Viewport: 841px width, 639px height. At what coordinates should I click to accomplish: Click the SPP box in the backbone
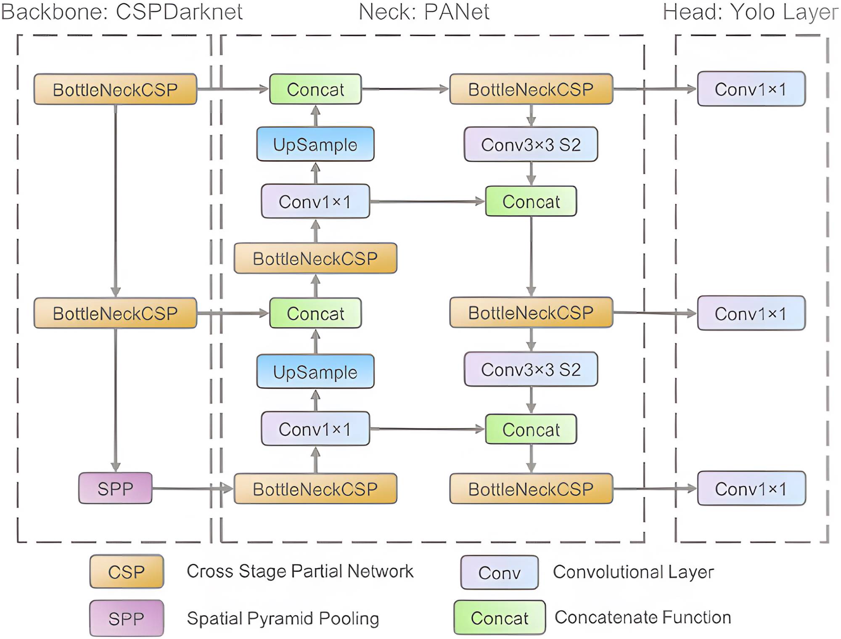coord(115,488)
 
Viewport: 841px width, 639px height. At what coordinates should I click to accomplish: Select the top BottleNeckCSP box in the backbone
coord(115,89)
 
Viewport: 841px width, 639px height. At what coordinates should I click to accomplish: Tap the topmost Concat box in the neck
coord(315,89)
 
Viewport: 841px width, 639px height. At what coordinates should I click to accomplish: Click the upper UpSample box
coord(315,144)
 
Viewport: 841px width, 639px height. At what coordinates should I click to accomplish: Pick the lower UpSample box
coord(315,372)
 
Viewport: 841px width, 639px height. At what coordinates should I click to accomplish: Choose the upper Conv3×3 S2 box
coord(531,144)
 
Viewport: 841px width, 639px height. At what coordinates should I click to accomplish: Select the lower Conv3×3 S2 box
coord(531,369)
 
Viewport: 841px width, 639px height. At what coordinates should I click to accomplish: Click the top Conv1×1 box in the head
coord(751,89)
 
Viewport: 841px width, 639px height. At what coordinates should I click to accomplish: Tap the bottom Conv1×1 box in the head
coord(751,488)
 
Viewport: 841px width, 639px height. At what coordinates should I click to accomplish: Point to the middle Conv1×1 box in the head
coord(751,313)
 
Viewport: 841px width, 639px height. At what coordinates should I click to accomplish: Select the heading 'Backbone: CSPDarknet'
coord(122,12)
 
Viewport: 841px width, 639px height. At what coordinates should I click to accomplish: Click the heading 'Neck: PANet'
coord(424,12)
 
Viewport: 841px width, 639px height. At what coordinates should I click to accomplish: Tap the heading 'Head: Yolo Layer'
coord(750,12)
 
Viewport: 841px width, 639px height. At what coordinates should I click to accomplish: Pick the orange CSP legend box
coord(127,572)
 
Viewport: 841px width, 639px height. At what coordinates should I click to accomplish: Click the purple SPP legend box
coord(127,618)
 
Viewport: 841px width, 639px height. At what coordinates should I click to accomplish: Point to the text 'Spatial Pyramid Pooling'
coord(283,618)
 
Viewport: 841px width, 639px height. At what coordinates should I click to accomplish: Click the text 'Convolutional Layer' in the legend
coord(633,572)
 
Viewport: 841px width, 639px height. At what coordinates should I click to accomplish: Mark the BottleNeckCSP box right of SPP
coord(315,489)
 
